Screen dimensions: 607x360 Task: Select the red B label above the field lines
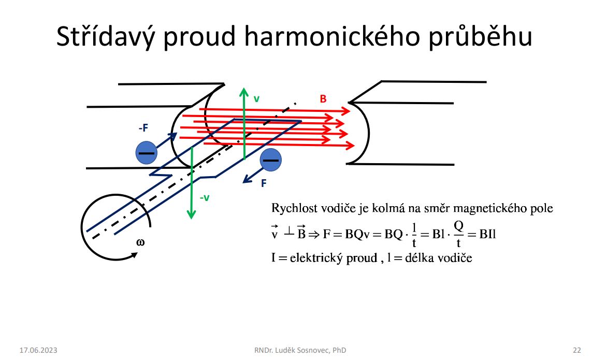tap(323, 99)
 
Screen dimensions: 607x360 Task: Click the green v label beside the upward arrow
tap(256, 99)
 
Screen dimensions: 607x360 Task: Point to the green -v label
tap(205, 198)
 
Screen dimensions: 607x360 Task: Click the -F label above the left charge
tap(143, 128)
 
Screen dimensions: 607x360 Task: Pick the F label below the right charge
tap(264, 183)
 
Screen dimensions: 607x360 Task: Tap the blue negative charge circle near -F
tap(147, 152)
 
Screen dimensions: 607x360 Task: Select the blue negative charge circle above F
tap(270, 160)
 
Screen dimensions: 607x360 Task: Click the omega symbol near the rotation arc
tap(140, 243)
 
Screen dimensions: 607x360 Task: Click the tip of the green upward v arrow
tap(244, 88)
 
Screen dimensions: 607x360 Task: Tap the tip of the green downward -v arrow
tap(191, 219)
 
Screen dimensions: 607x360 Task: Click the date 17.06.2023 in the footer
tap(38, 350)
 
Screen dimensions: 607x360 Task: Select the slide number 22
tap(577, 350)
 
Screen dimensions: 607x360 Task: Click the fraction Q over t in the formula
tap(459, 234)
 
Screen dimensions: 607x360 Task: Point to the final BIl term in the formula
tap(487, 234)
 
